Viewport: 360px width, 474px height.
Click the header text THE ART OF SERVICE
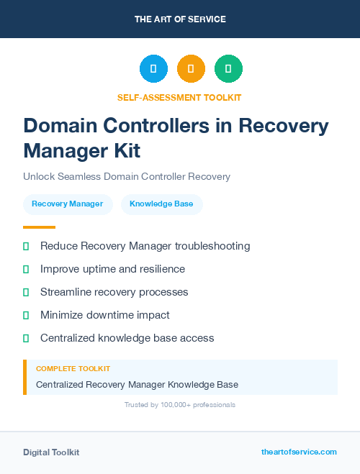pos(180,19)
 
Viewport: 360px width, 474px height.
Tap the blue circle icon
pos(153,68)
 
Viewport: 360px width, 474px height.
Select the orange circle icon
pos(191,68)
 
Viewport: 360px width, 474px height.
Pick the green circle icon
pos(228,68)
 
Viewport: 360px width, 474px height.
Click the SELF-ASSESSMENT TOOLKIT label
pos(179,97)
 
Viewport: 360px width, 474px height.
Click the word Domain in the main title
pos(66,126)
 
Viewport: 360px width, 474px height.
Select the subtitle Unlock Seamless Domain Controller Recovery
pos(126,176)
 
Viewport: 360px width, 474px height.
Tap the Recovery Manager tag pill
pos(68,204)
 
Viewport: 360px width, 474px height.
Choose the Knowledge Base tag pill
pos(161,204)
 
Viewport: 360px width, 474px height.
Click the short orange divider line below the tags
pos(39,227)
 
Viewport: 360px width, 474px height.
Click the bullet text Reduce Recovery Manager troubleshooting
pos(145,246)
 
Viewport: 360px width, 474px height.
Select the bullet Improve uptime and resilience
pos(112,269)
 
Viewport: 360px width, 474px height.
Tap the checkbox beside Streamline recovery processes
pos(26,292)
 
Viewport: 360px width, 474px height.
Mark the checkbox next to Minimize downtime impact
pos(26,315)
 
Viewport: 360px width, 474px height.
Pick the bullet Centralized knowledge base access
pos(127,338)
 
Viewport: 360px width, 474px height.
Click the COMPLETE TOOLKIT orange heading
pos(73,368)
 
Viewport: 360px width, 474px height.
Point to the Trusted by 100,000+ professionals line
pos(180,405)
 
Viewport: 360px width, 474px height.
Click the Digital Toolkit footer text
pos(51,452)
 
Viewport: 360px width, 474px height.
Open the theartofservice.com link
pos(299,452)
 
